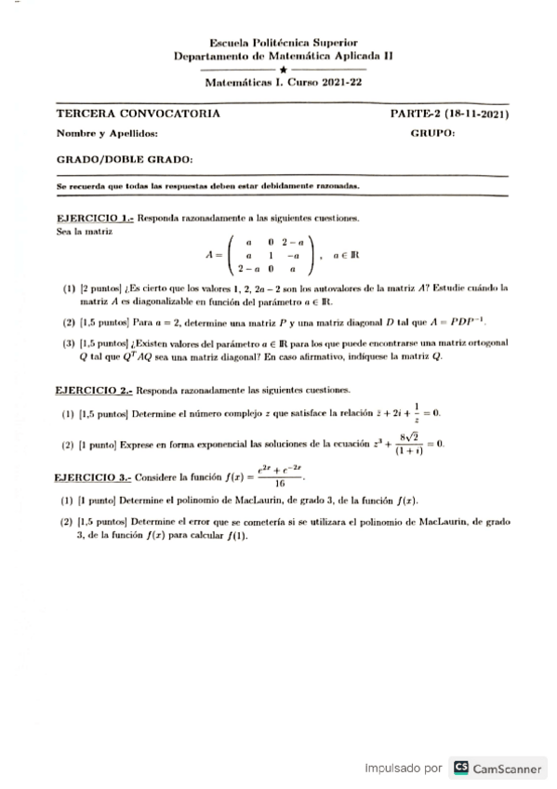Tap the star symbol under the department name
click(283, 69)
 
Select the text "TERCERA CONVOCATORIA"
click(139, 114)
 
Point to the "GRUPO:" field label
click(432, 134)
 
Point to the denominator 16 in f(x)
click(280, 483)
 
